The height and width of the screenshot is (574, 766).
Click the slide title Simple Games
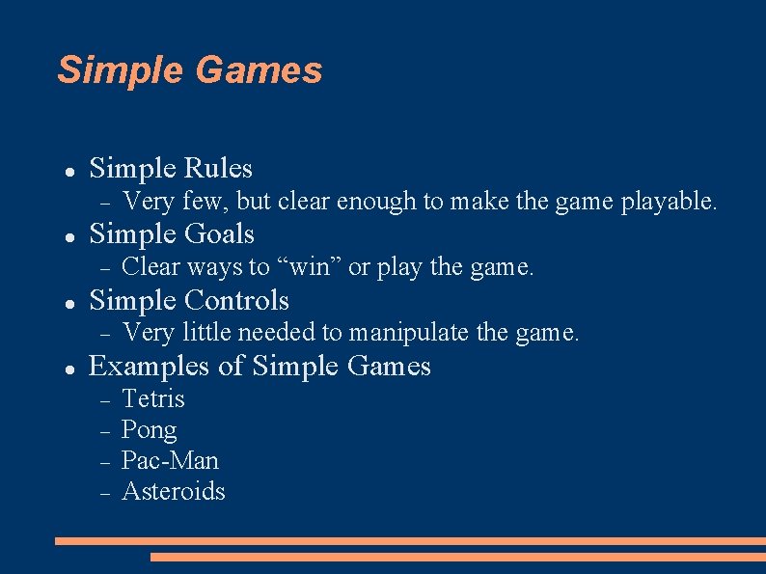189,70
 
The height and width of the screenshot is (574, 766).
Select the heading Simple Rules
170,169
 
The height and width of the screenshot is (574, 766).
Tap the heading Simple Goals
171,234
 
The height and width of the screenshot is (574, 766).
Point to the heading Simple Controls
188,300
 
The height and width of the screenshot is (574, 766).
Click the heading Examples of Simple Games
259,366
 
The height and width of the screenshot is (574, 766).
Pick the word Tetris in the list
152,398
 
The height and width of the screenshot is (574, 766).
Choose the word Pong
149,430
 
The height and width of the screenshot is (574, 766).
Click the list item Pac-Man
170,460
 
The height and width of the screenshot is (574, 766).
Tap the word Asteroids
173,491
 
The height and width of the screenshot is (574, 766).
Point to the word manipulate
409,333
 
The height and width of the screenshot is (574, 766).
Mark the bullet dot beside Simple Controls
69,303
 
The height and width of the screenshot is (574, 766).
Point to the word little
206,333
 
